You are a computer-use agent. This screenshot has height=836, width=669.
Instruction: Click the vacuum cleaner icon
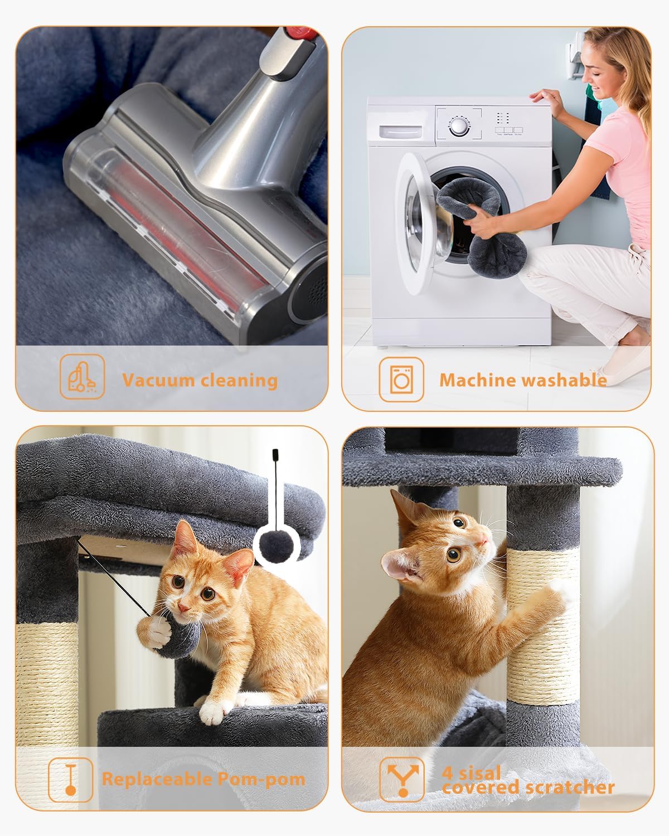(x=82, y=377)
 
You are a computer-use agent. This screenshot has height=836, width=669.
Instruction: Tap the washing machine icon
(x=401, y=380)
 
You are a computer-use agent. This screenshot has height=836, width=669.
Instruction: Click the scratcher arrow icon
(x=401, y=779)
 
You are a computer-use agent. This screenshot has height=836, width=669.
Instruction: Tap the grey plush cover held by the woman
(x=491, y=223)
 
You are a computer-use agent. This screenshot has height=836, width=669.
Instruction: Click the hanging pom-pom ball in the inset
(x=277, y=545)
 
